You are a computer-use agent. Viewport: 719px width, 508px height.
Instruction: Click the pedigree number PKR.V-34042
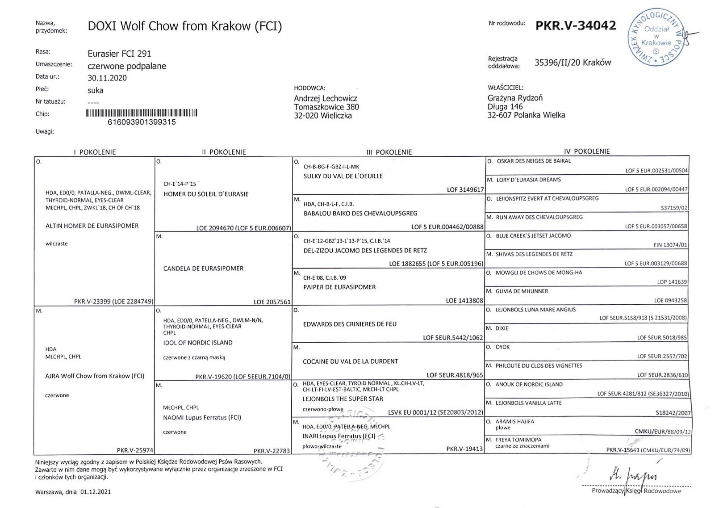pos(576,25)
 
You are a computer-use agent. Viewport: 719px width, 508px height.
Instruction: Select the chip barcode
pos(142,113)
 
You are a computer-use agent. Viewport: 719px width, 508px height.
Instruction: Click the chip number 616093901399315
pos(142,122)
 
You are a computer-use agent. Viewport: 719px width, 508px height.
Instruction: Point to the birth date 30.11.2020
pos(107,78)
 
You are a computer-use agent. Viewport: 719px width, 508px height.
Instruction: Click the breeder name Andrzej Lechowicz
pos(326,98)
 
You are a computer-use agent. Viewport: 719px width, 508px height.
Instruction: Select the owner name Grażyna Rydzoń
pos(515,98)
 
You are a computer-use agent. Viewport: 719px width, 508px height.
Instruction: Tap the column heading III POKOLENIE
pos(389,152)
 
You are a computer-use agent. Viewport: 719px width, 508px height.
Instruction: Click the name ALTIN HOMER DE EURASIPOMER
pos(92,226)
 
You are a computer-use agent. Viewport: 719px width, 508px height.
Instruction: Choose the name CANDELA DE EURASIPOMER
pos(203,269)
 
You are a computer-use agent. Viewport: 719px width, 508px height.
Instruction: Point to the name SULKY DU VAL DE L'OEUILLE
pos(343,176)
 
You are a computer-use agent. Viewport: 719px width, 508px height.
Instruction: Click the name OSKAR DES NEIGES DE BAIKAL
pos(534,161)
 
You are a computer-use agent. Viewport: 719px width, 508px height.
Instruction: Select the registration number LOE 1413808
pos(464,301)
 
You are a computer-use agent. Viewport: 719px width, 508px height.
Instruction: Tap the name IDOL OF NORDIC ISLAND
pos(198,343)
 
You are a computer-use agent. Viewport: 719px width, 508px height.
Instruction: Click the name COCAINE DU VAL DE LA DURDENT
pos(350,361)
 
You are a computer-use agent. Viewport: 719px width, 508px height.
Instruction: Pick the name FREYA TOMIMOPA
pos(518,440)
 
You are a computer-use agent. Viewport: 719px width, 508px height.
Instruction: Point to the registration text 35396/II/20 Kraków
pos(573,63)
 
